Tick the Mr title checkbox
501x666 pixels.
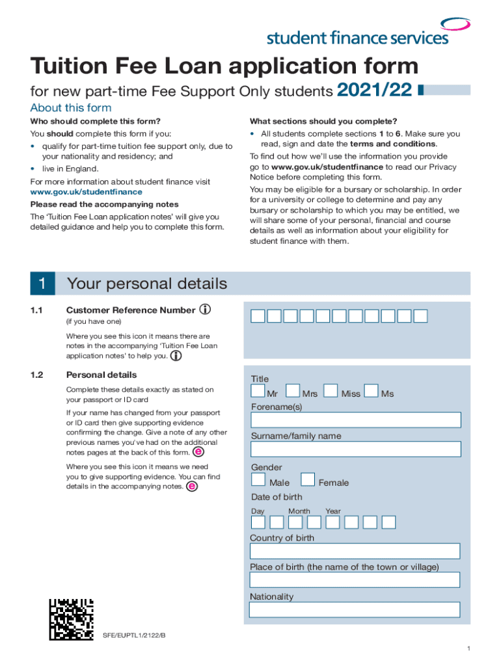pyautogui.click(x=258, y=391)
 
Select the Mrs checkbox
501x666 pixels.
pyautogui.click(x=293, y=391)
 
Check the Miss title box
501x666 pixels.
pyautogui.click(x=331, y=391)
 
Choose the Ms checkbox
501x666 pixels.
pyautogui.click(x=371, y=391)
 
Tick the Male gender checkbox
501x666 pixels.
pyautogui.click(x=258, y=480)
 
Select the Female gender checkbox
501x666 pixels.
pyautogui.click(x=308, y=480)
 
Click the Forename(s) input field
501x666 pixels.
pyautogui.click(x=355, y=420)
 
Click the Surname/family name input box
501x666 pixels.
pyautogui.click(x=355, y=449)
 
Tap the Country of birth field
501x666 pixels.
pyautogui.click(x=355, y=552)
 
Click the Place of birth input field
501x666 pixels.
pyautogui.click(x=355, y=580)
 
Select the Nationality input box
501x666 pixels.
pyautogui.click(x=355, y=610)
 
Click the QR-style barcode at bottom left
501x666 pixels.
pyautogui.click(x=72, y=620)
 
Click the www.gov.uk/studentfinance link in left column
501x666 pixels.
pyautogui.click(x=86, y=192)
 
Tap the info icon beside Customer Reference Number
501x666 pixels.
pyautogui.click(x=205, y=310)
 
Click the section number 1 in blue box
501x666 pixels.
pyautogui.click(x=42, y=284)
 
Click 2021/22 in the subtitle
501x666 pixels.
pyautogui.click(x=375, y=90)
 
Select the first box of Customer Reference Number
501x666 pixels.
pyautogui.click(x=258, y=316)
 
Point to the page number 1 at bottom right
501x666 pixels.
pyautogui.click(x=468, y=649)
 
